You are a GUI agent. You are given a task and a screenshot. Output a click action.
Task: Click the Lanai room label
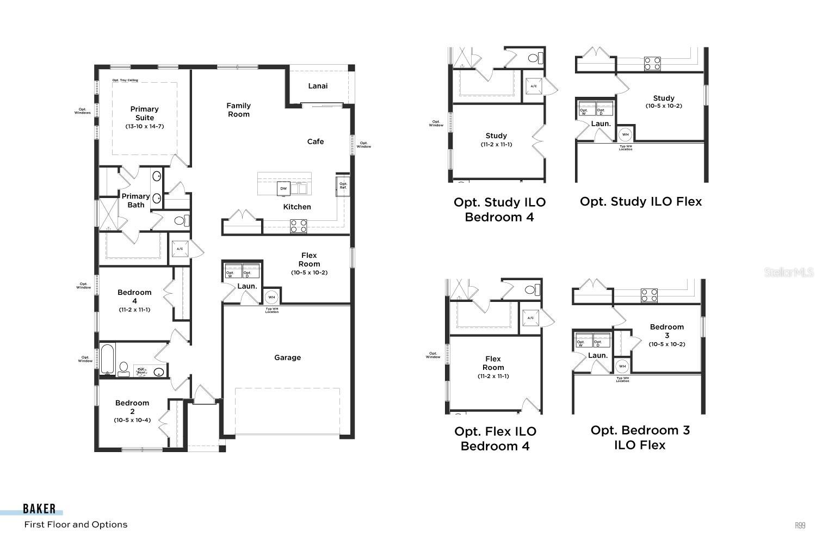click(x=318, y=86)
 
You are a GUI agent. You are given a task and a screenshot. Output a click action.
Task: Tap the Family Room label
click(x=238, y=110)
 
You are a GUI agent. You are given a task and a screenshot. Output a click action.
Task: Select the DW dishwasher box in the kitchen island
click(x=283, y=189)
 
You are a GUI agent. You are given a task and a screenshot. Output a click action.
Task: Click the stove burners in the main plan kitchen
click(x=298, y=226)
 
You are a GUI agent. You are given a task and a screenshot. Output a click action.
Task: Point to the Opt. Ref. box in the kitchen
click(x=343, y=186)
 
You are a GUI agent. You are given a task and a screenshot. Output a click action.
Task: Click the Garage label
click(x=287, y=357)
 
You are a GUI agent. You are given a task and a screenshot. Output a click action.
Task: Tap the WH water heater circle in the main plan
click(x=271, y=297)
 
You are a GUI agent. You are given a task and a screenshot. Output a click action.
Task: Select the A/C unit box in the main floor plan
click(x=180, y=249)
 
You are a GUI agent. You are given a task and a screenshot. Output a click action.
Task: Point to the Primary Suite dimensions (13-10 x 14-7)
click(x=144, y=126)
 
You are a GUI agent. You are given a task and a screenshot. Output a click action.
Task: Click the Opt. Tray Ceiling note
click(x=125, y=80)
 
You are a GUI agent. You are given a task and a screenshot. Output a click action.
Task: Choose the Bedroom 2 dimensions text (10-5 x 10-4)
click(x=132, y=420)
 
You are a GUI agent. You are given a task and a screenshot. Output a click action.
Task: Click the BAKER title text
click(x=39, y=509)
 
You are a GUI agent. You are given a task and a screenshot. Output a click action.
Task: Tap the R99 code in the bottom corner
click(x=800, y=525)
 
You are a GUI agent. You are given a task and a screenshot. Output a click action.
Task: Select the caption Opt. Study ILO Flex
click(x=641, y=201)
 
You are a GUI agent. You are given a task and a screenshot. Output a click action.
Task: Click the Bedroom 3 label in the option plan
click(x=666, y=331)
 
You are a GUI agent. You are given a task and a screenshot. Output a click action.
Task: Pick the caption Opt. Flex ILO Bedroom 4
click(x=495, y=438)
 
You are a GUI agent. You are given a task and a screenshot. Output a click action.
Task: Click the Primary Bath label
click(x=135, y=200)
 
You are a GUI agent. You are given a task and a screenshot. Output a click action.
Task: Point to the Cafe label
click(x=316, y=141)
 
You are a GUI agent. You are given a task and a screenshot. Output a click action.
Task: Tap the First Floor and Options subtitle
click(x=76, y=524)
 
